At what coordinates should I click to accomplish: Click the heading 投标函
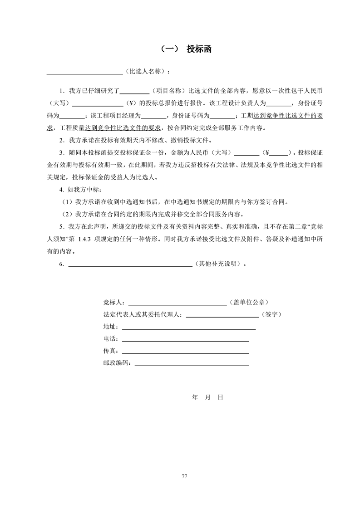(x=198, y=49)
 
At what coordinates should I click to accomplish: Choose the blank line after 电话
(x=186, y=338)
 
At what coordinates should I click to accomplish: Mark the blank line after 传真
(x=186, y=351)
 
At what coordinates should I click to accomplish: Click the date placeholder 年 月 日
(x=207, y=397)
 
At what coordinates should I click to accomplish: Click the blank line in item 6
(x=130, y=264)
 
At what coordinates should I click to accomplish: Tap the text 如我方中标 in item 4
(x=82, y=189)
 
